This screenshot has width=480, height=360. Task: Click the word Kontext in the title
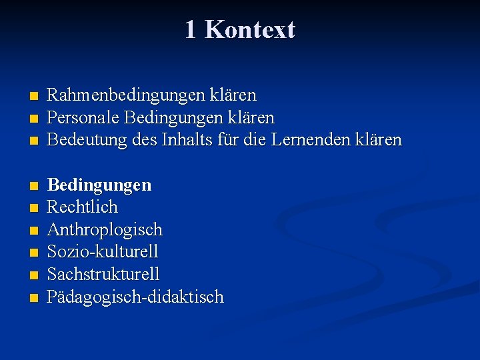click(x=249, y=30)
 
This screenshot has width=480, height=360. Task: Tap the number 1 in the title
click(x=191, y=30)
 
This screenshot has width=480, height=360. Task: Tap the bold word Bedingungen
click(x=99, y=185)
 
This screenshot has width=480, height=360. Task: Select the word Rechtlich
click(x=83, y=207)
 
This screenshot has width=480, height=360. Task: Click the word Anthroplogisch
click(x=105, y=230)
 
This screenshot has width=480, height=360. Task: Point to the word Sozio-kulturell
click(x=103, y=252)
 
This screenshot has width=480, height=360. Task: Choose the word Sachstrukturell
click(x=103, y=275)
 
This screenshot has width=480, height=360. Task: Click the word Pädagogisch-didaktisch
click(x=135, y=297)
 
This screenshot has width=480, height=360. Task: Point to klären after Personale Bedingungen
click(x=249, y=118)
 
